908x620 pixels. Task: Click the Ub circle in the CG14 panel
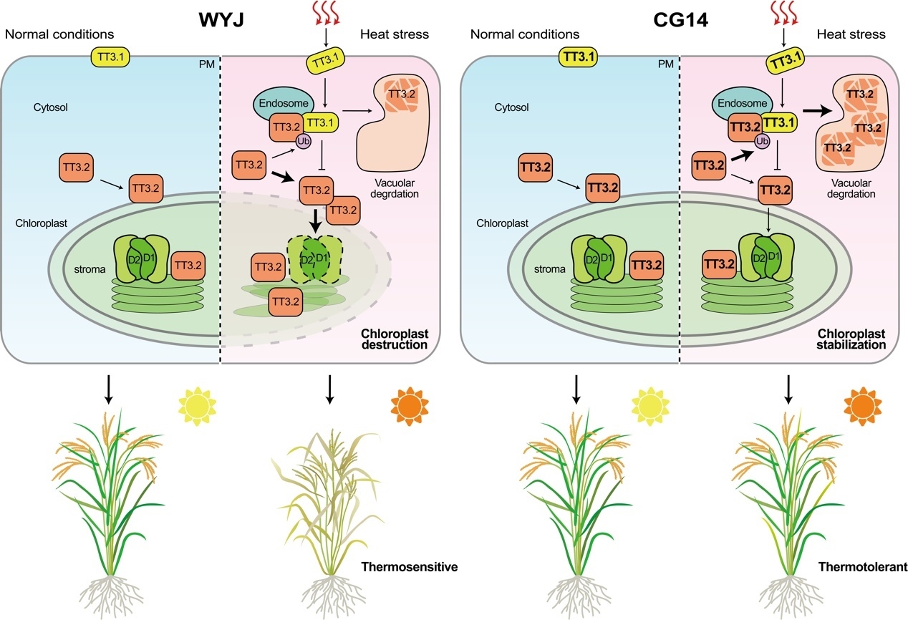pos(762,140)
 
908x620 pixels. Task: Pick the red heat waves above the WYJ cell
pos(324,11)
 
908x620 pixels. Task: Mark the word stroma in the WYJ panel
pos(90,270)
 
